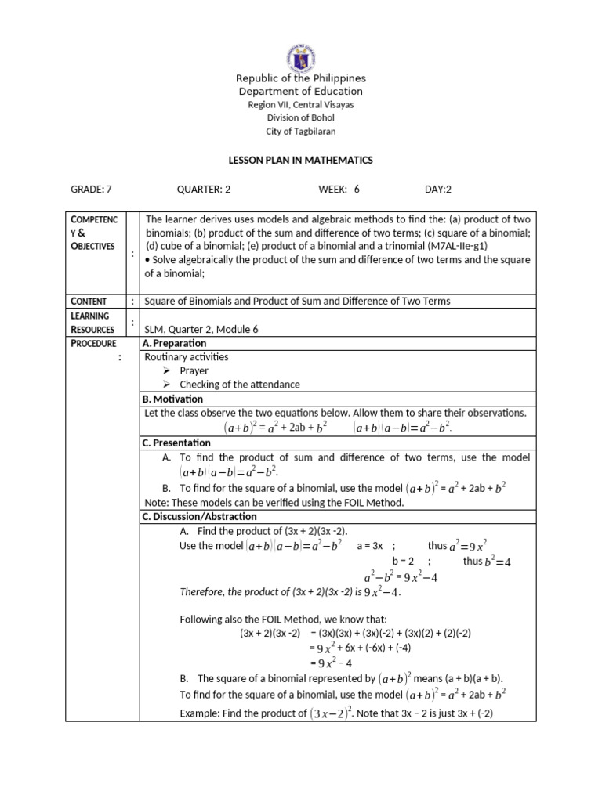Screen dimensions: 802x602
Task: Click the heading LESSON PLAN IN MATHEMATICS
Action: pyautogui.click(x=301, y=160)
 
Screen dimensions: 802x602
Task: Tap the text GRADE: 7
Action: pyautogui.click(x=92, y=189)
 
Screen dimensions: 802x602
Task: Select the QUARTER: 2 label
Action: pyautogui.click(x=204, y=189)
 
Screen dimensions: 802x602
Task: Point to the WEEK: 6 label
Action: pyautogui.click(x=339, y=189)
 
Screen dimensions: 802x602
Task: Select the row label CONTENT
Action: pyautogui.click(x=89, y=301)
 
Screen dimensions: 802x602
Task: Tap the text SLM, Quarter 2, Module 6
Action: pyautogui.click(x=201, y=329)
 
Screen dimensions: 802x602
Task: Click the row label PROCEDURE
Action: pyautogui.click(x=93, y=343)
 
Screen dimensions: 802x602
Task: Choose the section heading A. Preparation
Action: pyautogui.click(x=175, y=343)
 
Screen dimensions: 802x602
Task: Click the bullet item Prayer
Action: pyautogui.click(x=195, y=370)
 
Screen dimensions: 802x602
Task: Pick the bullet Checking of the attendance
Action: pyautogui.click(x=240, y=385)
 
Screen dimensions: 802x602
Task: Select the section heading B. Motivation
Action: pyautogui.click(x=172, y=399)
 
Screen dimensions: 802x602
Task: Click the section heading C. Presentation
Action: pyautogui.click(x=176, y=443)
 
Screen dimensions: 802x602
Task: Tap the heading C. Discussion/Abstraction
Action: pyautogui.click(x=199, y=516)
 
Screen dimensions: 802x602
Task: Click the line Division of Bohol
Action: pyautogui.click(x=301, y=118)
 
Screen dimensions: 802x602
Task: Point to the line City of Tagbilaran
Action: pyautogui.click(x=301, y=132)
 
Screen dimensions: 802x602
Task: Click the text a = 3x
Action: pyautogui.click(x=369, y=546)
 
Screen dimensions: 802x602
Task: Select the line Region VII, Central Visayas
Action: pyautogui.click(x=301, y=105)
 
